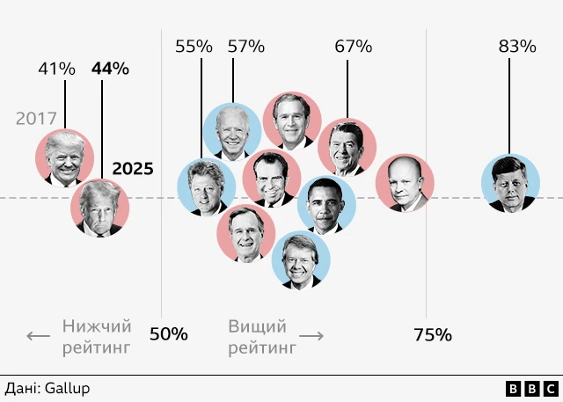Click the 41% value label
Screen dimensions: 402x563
(56, 68)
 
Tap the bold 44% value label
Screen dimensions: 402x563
(110, 68)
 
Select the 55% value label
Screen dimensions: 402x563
(194, 46)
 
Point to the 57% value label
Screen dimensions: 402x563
(246, 46)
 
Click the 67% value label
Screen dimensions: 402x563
(354, 46)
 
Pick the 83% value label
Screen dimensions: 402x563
(517, 46)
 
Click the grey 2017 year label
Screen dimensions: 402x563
(36, 118)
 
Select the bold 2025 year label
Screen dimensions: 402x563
(133, 168)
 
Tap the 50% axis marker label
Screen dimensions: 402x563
(168, 334)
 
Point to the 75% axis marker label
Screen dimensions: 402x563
(432, 334)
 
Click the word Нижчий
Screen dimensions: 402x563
(96, 326)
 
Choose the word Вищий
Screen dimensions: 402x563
(257, 326)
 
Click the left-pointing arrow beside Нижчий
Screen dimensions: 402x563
(38, 336)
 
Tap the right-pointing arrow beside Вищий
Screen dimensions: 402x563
(312, 336)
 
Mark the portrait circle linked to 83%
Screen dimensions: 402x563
(510, 184)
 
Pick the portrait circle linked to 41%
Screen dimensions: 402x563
(64, 158)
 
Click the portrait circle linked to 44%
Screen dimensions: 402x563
(100, 208)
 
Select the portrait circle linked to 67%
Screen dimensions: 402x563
(347, 148)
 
